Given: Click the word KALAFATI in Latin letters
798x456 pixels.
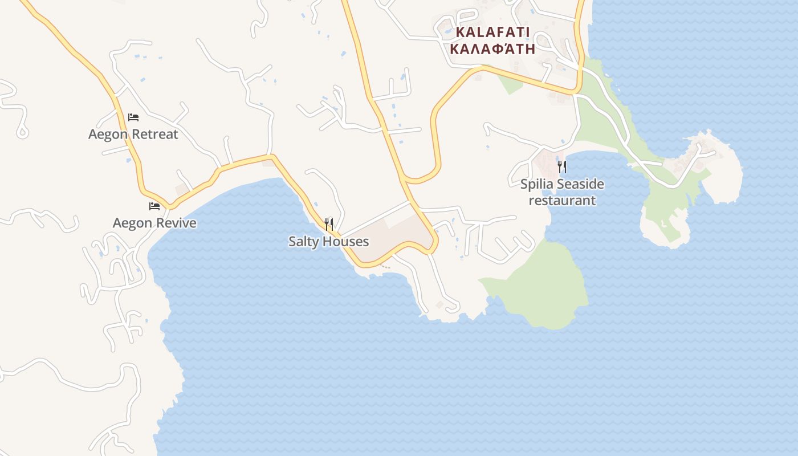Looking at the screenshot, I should click(x=493, y=32).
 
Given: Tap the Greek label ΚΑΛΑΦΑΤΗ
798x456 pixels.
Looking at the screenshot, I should click(x=493, y=48).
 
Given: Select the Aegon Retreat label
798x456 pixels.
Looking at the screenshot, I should click(x=133, y=135).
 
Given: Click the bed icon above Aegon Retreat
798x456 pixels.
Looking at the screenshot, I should click(x=133, y=117).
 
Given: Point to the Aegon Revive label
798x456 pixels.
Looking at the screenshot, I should click(x=154, y=223).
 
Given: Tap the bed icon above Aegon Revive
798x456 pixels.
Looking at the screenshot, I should click(x=154, y=206).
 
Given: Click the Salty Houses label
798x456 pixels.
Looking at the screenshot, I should click(x=329, y=242).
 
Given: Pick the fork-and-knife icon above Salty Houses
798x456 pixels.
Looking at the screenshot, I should click(x=329, y=224).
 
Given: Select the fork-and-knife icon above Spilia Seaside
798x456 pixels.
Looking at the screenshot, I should click(x=562, y=166).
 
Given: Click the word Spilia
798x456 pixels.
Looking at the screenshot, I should click(x=537, y=184).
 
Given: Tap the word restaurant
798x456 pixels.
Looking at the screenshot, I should click(x=562, y=201).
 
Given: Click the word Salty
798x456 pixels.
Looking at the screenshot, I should click(x=303, y=242).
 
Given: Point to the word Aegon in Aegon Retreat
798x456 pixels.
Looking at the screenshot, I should click(x=107, y=135).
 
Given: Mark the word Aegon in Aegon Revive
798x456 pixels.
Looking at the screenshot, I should click(x=132, y=223).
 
